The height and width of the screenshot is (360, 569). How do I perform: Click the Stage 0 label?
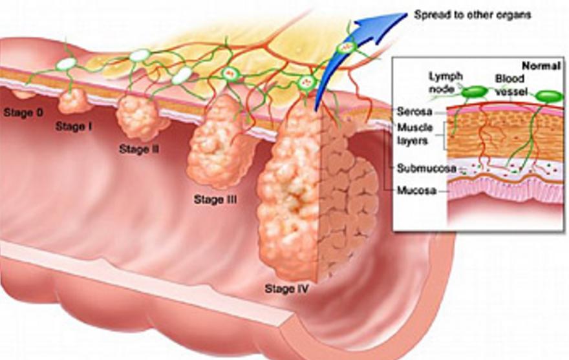[23, 112]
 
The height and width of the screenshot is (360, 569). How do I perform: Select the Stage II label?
[139, 149]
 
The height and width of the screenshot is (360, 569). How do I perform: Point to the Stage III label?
[215, 200]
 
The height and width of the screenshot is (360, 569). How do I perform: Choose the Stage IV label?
[286, 288]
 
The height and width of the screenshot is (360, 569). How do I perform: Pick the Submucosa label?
[416, 169]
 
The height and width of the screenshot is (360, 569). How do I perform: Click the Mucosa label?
[414, 191]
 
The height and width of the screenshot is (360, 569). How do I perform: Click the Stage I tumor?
[72, 101]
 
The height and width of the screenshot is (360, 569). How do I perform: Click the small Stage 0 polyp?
[25, 94]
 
